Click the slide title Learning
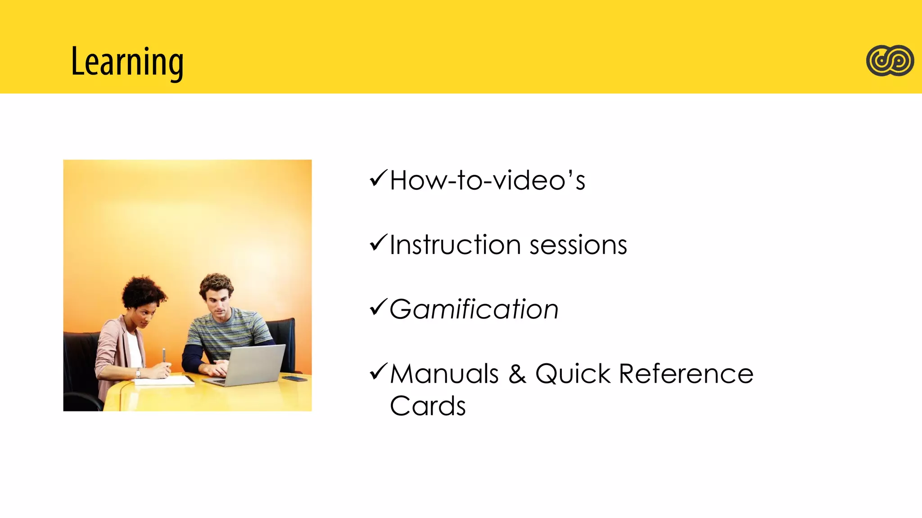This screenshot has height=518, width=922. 127,62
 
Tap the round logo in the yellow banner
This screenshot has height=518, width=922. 890,61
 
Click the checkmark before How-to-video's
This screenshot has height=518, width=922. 378,179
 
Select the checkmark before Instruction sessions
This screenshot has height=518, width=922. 378,243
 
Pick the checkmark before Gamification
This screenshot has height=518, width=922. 378,308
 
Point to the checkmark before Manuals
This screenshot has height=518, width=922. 378,372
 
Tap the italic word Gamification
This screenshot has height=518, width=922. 474,309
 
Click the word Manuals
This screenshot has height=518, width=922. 444,374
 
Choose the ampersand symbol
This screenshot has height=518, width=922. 517,374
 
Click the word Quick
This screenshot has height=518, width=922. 573,374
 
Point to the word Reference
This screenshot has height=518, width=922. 686,374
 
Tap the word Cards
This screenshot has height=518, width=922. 427,406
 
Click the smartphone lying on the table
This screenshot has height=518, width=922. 295,379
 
